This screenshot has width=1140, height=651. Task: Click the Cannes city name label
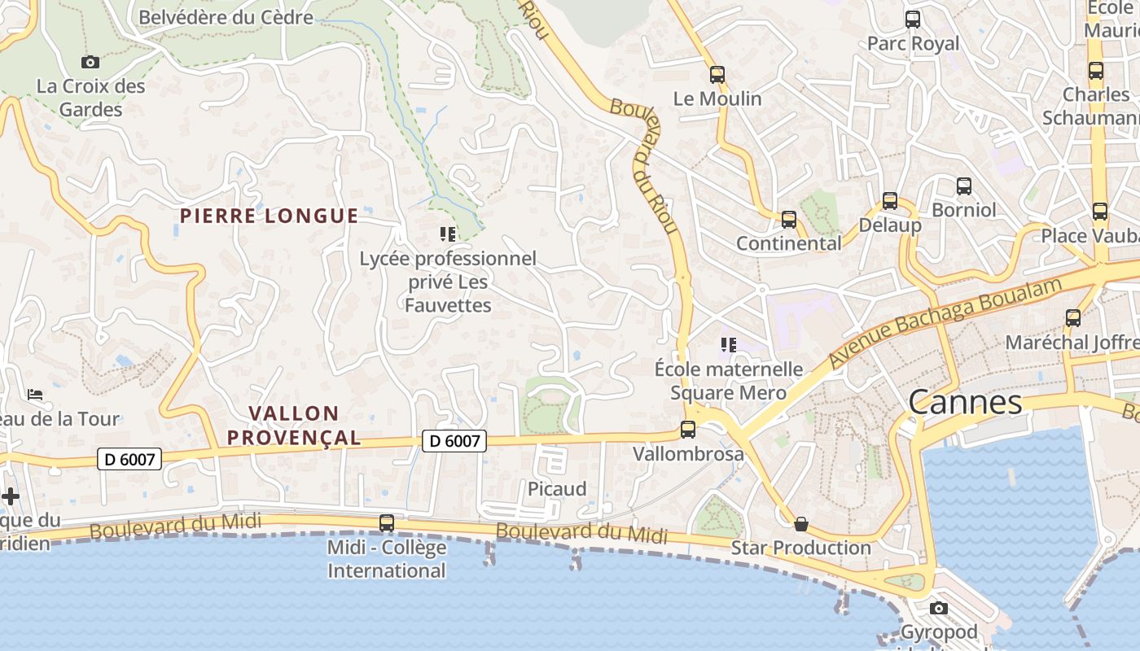coord(965,402)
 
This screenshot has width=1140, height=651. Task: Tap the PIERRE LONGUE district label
coord(269,216)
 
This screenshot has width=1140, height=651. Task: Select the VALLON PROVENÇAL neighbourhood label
coord(294,426)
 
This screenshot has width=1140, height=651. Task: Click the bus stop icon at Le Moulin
coord(717,75)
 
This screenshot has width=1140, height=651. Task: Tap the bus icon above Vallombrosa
coord(688,430)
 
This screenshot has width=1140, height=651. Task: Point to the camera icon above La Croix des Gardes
coord(90,62)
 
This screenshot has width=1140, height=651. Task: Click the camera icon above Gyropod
coord(939,608)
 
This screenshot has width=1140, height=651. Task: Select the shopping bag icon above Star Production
coord(801,524)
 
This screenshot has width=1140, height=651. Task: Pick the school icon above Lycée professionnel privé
coord(448,234)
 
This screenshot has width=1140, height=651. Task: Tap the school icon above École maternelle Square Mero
coord(729,345)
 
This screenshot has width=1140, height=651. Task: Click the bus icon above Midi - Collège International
coord(387,522)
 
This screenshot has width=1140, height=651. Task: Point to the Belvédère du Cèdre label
coord(226,17)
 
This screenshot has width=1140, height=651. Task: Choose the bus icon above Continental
coord(788,220)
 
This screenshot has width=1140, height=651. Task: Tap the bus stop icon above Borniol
coord(964,186)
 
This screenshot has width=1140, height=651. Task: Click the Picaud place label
coord(557,489)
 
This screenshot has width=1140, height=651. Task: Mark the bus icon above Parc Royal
coord(913,20)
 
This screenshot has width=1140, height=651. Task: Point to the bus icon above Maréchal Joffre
coord(1073,318)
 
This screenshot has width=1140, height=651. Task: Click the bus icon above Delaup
coord(890,201)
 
